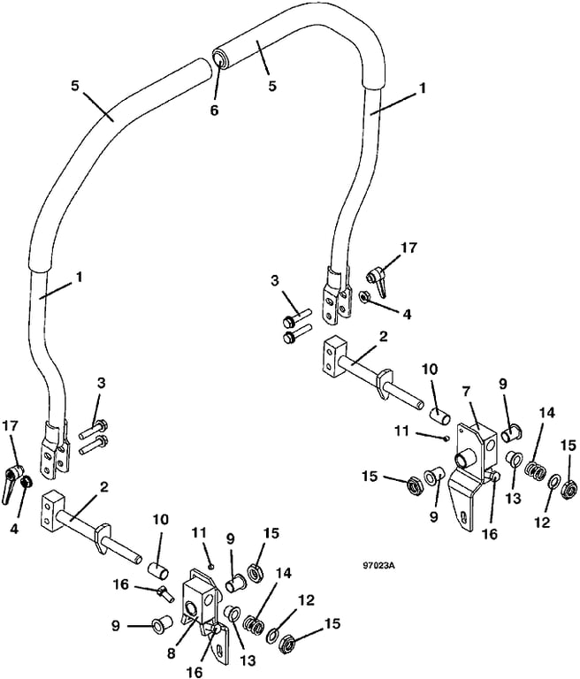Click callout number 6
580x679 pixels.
point(215,110)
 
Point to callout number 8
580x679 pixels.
point(172,652)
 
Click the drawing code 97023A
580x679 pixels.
point(380,566)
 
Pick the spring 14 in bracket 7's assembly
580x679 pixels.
point(535,470)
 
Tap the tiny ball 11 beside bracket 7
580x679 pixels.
point(446,439)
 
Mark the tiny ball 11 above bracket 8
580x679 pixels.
point(210,566)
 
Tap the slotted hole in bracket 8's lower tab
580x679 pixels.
point(220,650)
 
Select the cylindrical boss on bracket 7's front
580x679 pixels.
point(464,459)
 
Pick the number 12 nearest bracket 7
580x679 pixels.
point(541,522)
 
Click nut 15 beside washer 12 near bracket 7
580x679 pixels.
point(569,489)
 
